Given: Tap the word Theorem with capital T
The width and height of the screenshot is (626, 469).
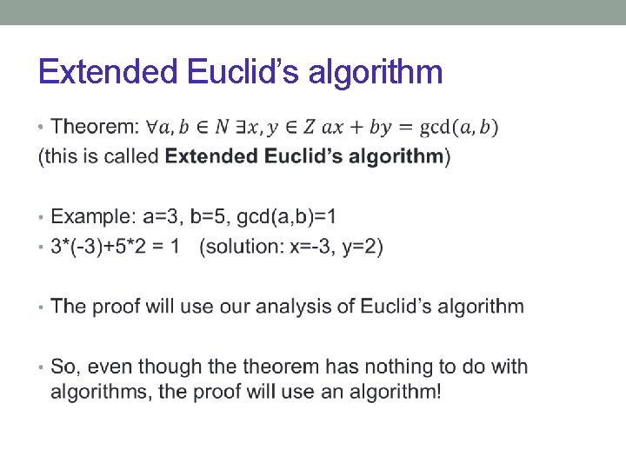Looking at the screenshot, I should [94, 128].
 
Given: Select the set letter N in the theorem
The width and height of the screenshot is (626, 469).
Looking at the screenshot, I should [223, 128].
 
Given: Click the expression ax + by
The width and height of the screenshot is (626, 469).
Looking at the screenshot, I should [356, 128].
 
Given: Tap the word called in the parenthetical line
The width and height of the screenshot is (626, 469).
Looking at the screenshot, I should [134, 157].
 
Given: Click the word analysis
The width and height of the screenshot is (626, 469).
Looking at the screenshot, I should [316, 307].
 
